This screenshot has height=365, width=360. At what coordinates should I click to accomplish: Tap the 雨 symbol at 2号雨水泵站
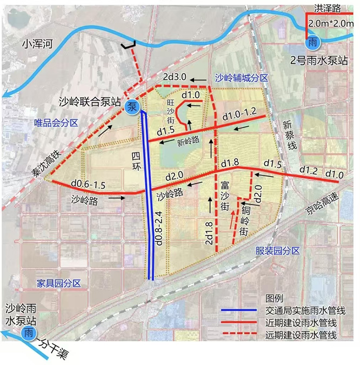tap(312, 41)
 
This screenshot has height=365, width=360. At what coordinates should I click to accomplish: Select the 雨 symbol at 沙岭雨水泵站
tap(28, 333)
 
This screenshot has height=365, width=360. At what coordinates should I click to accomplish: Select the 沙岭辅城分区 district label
tap(241, 78)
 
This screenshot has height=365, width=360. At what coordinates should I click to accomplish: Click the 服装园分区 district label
tap(278, 251)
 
